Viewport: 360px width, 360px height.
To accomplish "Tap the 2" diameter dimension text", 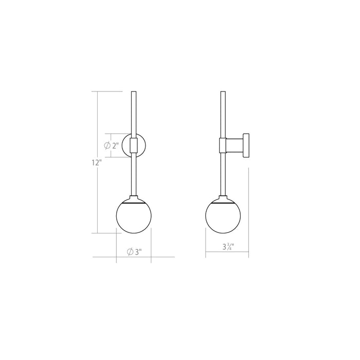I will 115,145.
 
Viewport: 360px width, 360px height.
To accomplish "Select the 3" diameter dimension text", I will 137,251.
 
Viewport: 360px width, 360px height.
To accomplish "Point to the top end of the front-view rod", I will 134,93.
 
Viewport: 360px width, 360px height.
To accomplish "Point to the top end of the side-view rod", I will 223,93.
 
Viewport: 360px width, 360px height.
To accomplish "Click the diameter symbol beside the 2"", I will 107,145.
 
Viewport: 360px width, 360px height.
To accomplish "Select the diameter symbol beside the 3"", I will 130,251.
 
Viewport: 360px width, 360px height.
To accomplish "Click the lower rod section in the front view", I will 134,175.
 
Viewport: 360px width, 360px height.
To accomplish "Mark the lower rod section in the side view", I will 223,175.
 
